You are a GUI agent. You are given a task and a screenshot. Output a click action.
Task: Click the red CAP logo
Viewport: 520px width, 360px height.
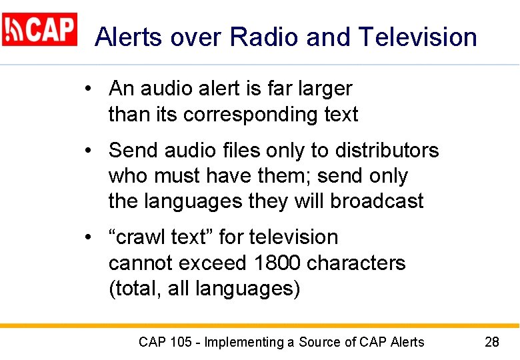[x=40, y=29]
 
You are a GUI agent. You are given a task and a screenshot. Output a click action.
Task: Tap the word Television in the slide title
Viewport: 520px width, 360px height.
[x=418, y=37]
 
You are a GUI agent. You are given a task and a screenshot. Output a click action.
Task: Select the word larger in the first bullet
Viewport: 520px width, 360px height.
[x=321, y=89]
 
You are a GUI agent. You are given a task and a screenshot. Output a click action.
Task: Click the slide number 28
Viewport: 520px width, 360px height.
[x=491, y=343]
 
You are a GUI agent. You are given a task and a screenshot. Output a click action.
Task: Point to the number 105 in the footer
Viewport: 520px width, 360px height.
[x=181, y=343]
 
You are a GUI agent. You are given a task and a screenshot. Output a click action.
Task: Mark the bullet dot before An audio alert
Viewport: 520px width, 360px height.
[x=89, y=89]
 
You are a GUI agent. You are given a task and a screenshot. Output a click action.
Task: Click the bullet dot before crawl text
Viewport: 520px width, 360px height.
[x=89, y=237]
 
